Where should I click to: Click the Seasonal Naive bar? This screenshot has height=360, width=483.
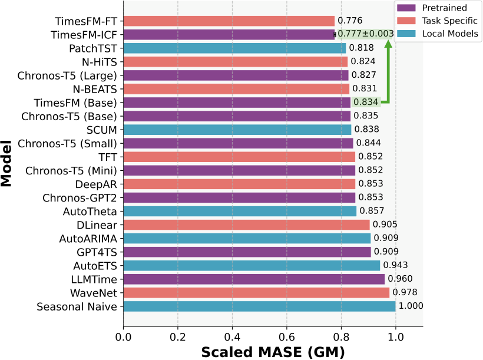[x=259, y=306]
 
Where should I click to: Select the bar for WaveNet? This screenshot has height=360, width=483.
[x=256, y=293]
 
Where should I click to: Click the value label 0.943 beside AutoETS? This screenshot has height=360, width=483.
[x=395, y=265]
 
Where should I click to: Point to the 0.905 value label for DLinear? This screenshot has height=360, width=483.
[x=385, y=224]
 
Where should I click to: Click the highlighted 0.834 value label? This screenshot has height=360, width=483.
[x=366, y=102]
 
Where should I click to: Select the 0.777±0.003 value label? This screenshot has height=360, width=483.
[x=365, y=34]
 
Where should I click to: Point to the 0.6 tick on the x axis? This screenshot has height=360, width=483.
[x=287, y=338]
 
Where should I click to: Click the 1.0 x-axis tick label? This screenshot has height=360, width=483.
[x=396, y=338]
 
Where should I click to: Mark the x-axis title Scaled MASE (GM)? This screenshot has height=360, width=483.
[x=273, y=352]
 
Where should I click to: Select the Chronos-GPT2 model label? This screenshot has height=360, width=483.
[x=80, y=197]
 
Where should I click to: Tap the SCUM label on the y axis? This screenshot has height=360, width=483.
[x=102, y=130]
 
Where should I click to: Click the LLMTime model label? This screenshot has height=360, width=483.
[x=90, y=279]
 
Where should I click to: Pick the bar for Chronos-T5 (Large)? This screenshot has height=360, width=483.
[x=236, y=75]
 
